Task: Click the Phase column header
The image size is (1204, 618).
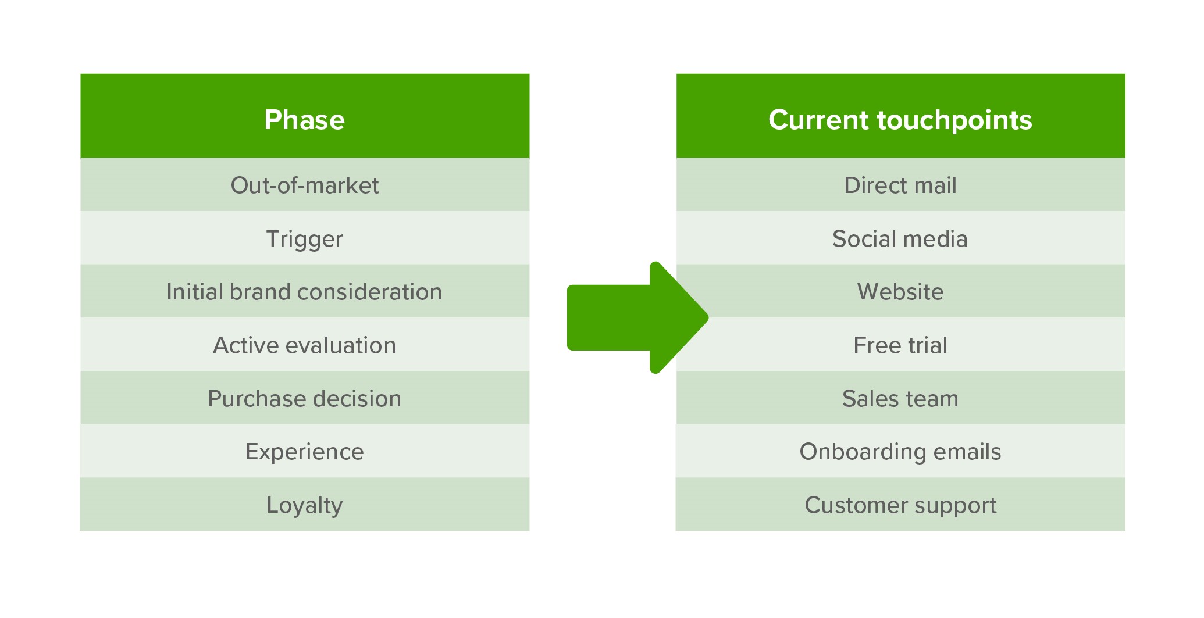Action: click(x=305, y=116)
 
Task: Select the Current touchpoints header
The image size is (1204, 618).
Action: click(x=900, y=116)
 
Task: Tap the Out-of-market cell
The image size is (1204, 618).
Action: click(x=305, y=184)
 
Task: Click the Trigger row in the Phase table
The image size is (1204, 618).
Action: click(x=305, y=238)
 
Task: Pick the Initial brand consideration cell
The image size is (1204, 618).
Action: click(x=305, y=291)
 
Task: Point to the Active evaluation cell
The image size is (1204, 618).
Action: click(x=305, y=344)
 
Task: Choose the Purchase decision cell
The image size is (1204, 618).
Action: click(x=305, y=398)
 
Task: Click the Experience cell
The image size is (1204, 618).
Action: click(x=305, y=451)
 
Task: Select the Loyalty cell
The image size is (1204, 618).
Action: click(x=305, y=504)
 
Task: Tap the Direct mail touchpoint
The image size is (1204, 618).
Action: click(x=900, y=184)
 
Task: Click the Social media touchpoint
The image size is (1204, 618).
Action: click(x=900, y=238)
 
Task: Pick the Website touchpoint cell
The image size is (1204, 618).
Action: click(x=900, y=291)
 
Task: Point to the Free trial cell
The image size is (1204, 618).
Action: click(x=900, y=344)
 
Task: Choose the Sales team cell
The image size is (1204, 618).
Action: click(x=900, y=398)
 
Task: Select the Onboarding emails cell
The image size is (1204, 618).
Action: click(x=900, y=451)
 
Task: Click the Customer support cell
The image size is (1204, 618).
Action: click(x=900, y=504)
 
